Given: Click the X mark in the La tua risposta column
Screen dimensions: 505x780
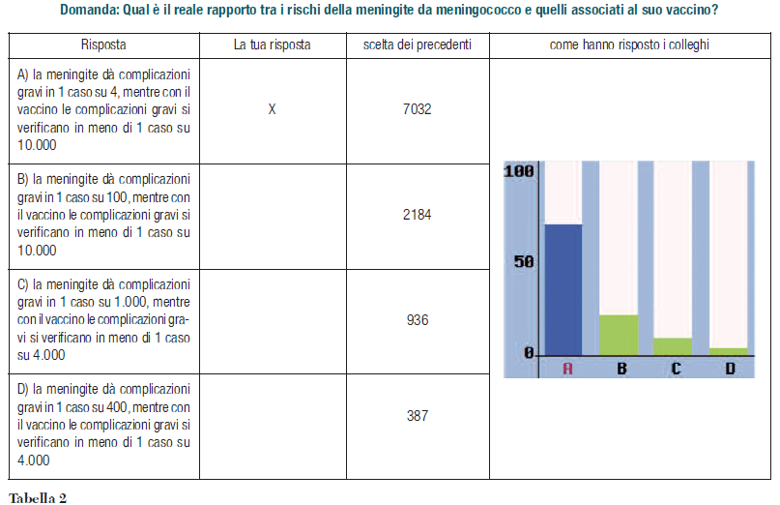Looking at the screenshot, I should tap(272, 109).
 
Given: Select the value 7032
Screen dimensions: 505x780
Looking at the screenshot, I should tap(417, 109).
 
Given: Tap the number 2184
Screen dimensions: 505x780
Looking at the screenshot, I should tap(417, 215).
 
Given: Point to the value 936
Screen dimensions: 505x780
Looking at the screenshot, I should tap(417, 319).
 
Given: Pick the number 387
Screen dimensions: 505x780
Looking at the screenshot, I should tap(417, 415).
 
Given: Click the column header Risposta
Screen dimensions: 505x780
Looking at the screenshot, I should tap(103, 45).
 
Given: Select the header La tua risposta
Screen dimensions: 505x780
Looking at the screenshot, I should tap(272, 45).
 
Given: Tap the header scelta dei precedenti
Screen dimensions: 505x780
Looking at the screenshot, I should tap(418, 45).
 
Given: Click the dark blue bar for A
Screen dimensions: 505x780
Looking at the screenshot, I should tap(564, 288).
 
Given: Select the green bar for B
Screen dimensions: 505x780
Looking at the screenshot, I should tap(619, 334).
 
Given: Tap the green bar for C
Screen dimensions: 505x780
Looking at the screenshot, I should tap(674, 345).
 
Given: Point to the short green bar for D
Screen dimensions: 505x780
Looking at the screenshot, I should tap(729, 350).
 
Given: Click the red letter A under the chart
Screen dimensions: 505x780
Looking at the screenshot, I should tap(567, 368).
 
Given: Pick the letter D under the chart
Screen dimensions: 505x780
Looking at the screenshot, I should tap(730, 368).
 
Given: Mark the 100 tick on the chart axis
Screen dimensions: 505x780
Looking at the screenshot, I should tap(520, 171).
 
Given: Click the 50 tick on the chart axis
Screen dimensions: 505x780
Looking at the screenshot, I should tap(523, 261).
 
